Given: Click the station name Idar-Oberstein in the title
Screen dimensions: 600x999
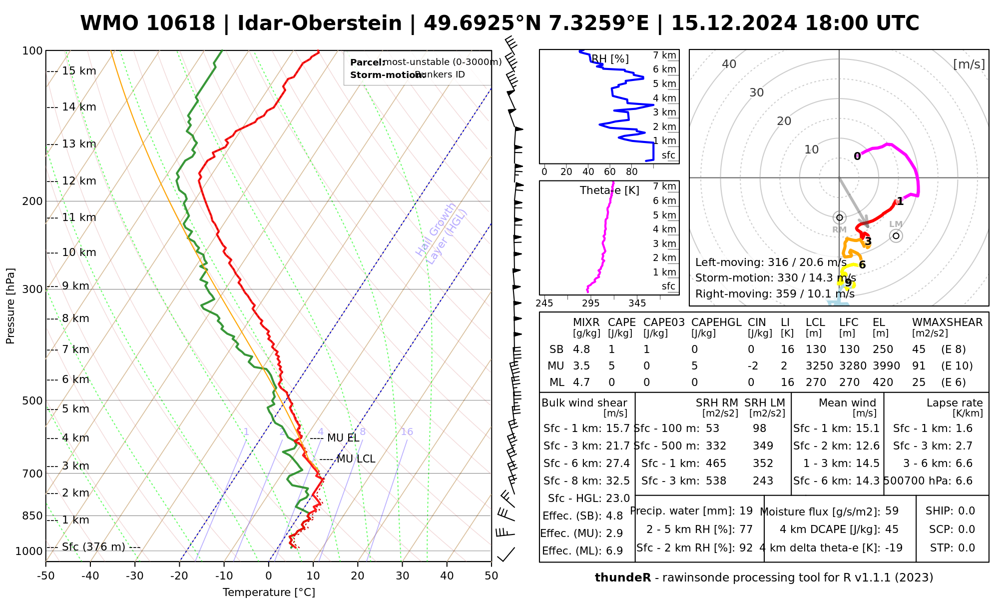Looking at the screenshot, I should point(320,23).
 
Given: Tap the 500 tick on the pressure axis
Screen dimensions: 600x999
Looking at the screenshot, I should point(33,400).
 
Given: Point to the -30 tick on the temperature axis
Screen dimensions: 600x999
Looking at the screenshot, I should point(135,576).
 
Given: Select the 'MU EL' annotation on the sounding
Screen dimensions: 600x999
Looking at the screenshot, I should point(343,438).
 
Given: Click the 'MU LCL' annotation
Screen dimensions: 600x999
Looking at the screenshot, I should point(356,459).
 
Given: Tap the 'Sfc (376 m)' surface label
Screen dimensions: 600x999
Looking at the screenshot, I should point(93,547).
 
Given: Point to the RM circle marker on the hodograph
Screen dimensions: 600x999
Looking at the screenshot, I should point(839,217).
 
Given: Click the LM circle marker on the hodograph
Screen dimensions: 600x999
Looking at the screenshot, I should point(896,235).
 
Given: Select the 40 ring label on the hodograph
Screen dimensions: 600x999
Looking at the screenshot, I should point(729,64).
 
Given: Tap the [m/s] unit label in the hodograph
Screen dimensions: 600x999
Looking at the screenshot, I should point(969,64).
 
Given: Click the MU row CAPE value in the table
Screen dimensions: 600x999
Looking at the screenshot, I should point(611,366).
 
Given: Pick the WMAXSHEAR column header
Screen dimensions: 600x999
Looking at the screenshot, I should point(947,322).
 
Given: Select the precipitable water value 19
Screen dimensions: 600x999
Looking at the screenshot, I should point(746,511).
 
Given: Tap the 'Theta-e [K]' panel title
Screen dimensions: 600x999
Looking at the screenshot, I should point(609,190).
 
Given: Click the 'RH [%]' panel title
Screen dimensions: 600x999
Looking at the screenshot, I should point(610,59).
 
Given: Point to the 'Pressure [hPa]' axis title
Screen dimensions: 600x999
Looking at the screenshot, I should point(10,306).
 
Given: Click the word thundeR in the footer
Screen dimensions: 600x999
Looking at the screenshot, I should point(622,578).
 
